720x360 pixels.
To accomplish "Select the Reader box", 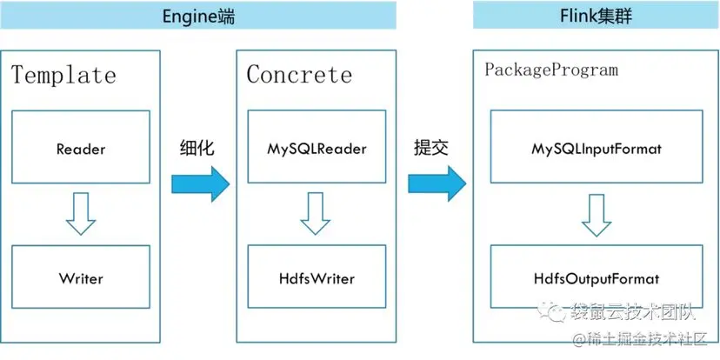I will tap(81, 148).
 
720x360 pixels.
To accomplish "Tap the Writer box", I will tap(81, 278).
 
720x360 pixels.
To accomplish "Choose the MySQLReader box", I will tap(317, 148).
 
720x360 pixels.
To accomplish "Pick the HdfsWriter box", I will tap(317, 278).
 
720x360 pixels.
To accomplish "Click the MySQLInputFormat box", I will tap(597, 149).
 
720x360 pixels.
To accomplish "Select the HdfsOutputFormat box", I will tap(597, 279).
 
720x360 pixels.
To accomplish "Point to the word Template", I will tap(63, 75).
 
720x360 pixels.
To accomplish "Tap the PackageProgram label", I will tap(550, 70).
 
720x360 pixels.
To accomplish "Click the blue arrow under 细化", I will tap(199, 183).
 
